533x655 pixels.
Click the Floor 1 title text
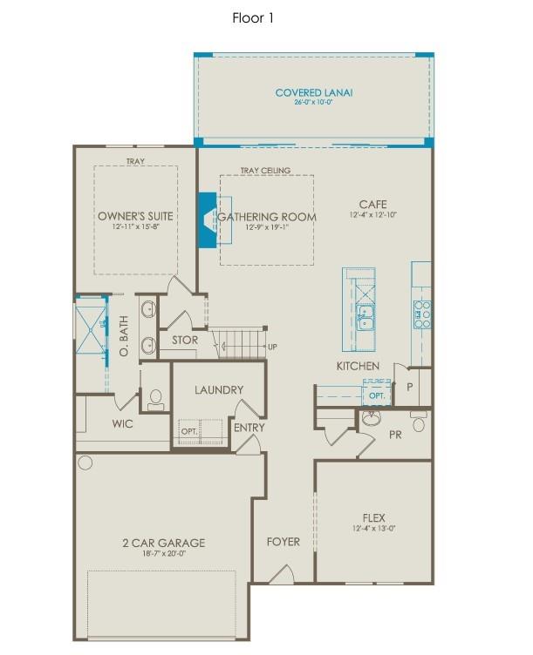253,17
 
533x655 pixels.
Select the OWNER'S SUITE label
135,216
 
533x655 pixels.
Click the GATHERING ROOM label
267,216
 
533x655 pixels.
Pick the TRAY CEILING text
265,171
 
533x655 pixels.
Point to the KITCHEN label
359,366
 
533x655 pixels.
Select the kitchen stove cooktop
421,312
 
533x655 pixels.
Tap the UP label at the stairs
272,348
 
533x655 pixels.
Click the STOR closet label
184,341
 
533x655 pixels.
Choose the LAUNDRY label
219,390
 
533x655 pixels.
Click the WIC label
121,424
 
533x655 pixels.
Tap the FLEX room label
372,516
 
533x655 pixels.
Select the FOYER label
283,542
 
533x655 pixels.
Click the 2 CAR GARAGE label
163,543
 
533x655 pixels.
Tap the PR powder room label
394,433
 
